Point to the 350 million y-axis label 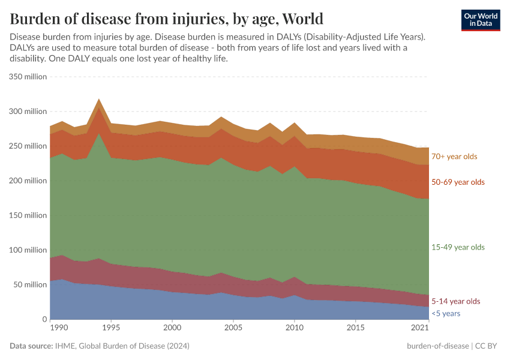28,77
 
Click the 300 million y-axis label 28,112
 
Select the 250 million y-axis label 28,146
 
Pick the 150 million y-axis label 28,215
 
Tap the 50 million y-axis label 29,285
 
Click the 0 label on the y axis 44,320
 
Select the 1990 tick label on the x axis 58,328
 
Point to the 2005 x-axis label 233,328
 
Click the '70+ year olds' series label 454,157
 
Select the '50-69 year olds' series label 458,182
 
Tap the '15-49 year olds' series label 458,247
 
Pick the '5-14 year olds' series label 456,301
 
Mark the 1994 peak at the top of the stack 99,99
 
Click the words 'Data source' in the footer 31,346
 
